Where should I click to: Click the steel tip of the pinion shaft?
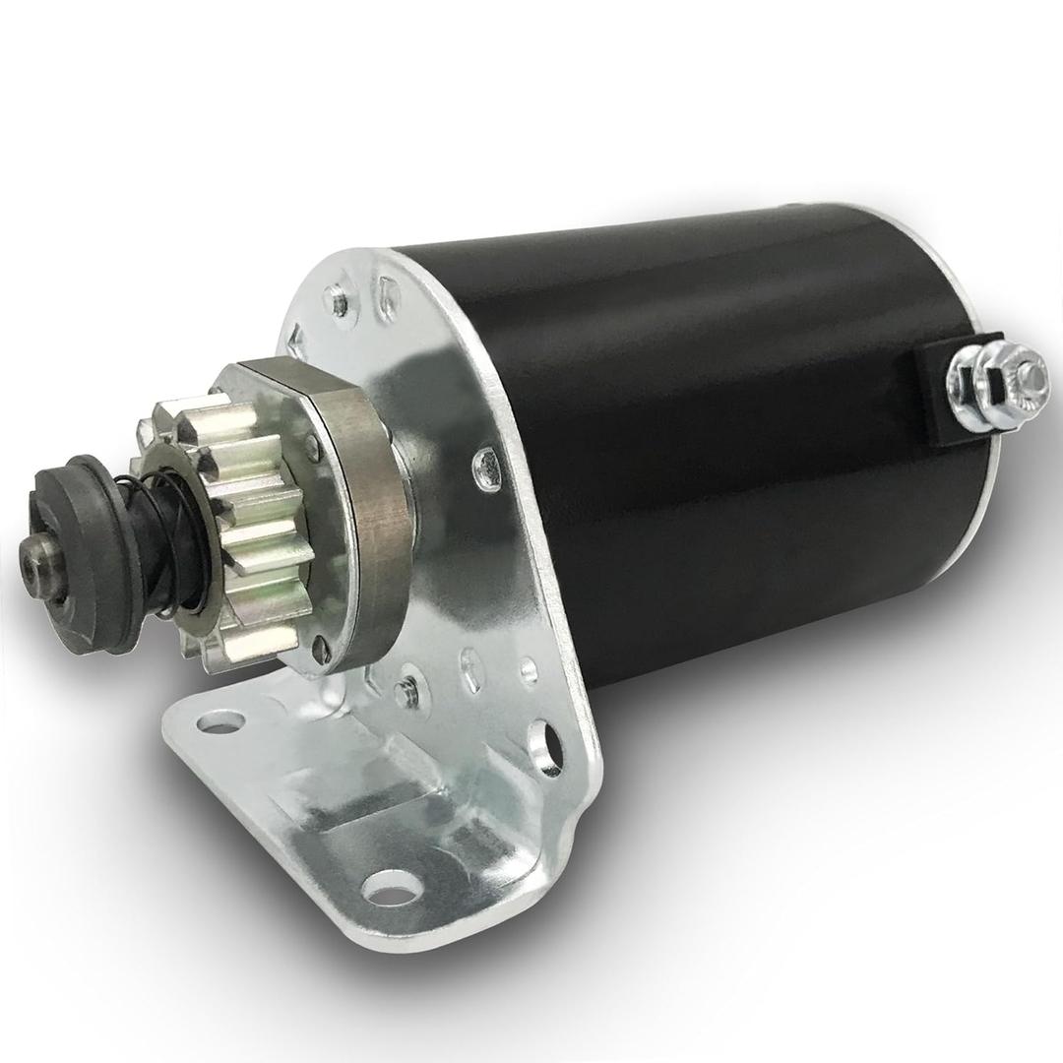pyautogui.click(x=37, y=563)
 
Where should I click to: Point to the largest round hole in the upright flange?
pyautogui.click(x=543, y=746)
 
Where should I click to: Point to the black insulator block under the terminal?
pyautogui.click(x=940, y=394)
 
